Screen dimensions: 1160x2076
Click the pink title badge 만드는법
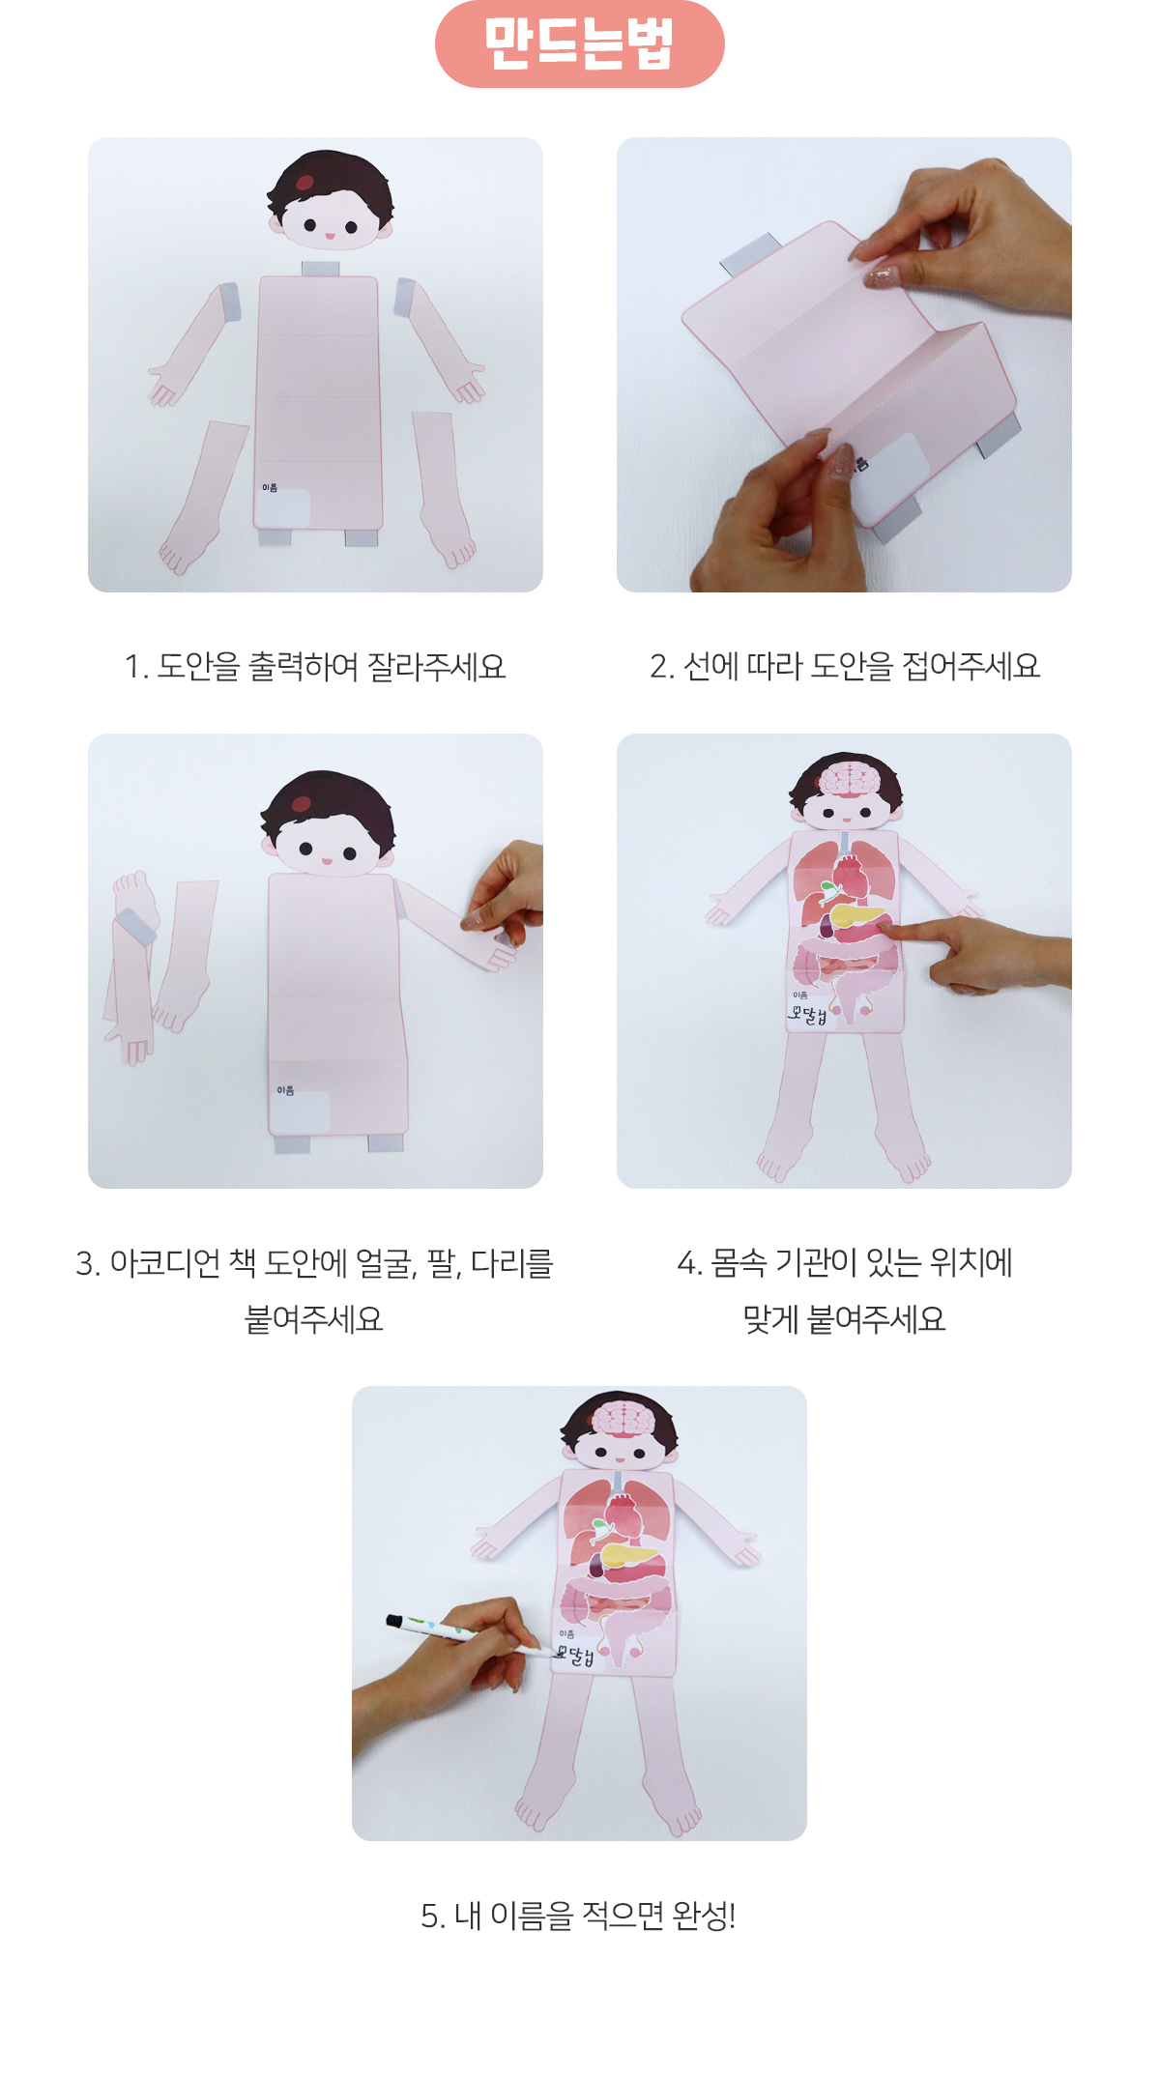tap(580, 44)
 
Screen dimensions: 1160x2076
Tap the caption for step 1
tap(315, 667)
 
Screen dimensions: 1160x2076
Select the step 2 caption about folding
tap(845, 667)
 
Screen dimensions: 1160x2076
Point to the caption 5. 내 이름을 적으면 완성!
tap(579, 1916)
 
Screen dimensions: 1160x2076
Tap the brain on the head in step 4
tap(848, 779)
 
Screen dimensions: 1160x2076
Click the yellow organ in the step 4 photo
tap(855, 914)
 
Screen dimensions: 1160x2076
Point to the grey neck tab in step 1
tap(320, 268)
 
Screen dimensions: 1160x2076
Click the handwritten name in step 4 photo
tap(807, 1015)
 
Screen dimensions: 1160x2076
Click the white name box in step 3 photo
tap(300, 1112)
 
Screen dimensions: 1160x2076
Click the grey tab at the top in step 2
tap(750, 253)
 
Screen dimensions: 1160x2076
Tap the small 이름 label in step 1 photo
tap(270, 487)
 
